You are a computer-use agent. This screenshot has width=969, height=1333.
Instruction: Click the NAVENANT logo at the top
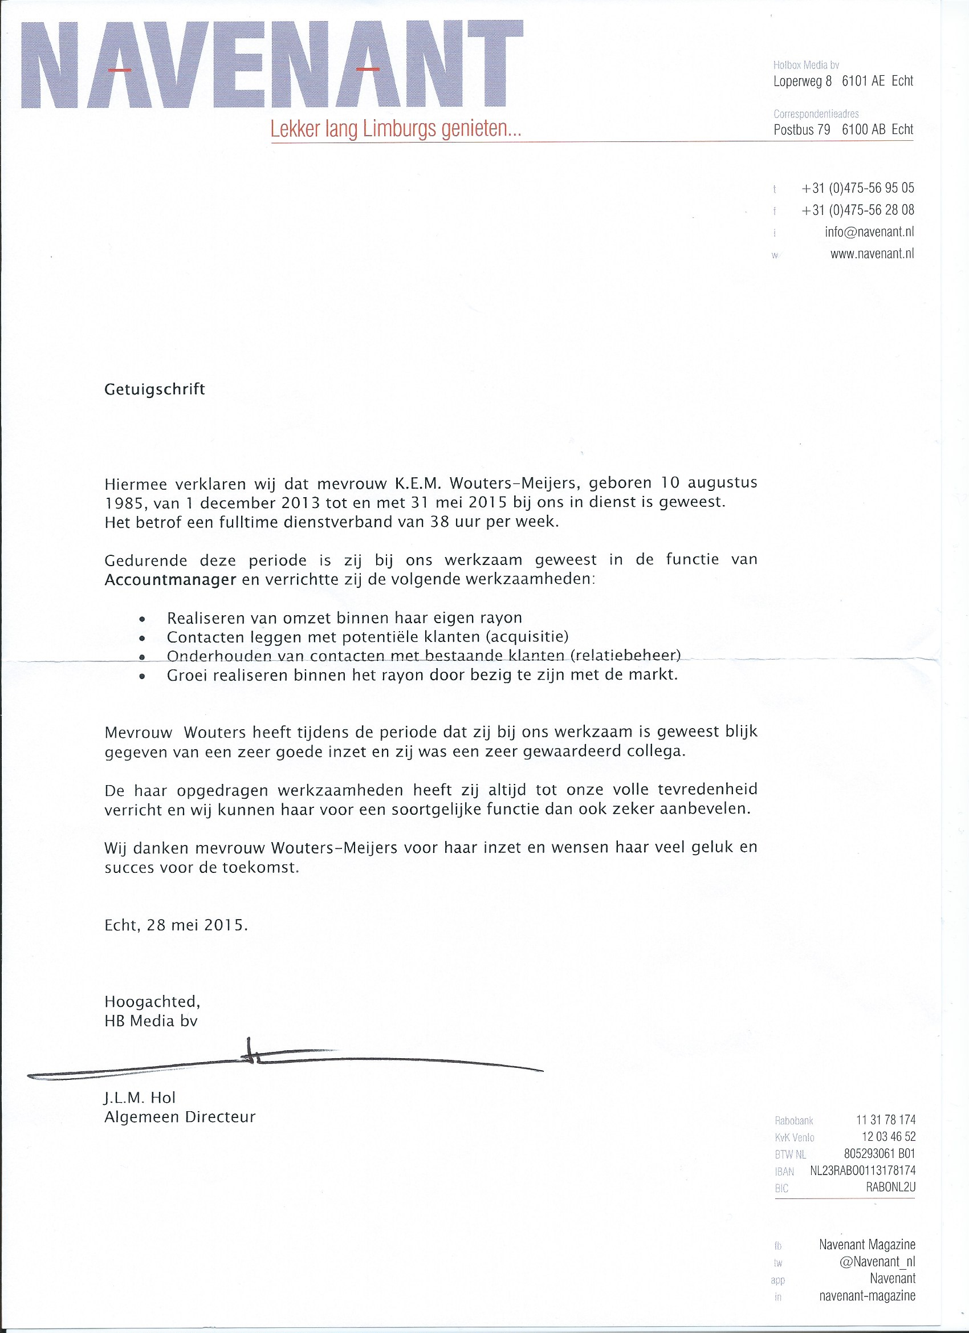click(x=271, y=64)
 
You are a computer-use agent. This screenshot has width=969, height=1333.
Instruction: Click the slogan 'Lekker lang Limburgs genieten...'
click(x=396, y=129)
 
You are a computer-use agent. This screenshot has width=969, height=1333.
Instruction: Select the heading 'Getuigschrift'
click(x=154, y=389)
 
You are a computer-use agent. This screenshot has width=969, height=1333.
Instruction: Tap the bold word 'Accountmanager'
click(x=170, y=579)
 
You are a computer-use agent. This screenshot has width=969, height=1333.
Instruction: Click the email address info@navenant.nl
click(x=869, y=231)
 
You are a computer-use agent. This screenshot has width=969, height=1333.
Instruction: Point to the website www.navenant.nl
click(x=872, y=254)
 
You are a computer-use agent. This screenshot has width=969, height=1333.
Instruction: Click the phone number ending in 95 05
click(x=857, y=188)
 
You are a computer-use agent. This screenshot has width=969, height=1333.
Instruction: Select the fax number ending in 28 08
click(x=857, y=210)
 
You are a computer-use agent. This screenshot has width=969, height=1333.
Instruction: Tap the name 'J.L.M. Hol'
click(x=140, y=1098)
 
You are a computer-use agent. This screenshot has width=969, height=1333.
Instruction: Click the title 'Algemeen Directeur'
click(x=180, y=1117)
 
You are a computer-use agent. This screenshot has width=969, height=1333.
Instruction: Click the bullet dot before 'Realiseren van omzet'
click(x=141, y=619)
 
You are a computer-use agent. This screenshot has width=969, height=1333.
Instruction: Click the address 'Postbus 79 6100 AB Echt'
click(x=843, y=129)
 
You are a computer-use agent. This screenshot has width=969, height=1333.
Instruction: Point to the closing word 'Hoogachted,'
click(x=152, y=1001)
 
